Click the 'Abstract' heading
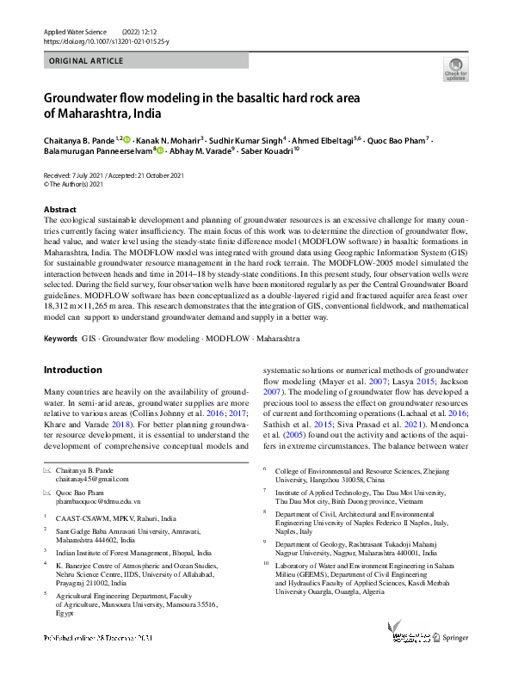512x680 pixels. click(59, 210)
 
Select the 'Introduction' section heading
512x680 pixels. click(72, 370)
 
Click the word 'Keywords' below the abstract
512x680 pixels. click(60, 339)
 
